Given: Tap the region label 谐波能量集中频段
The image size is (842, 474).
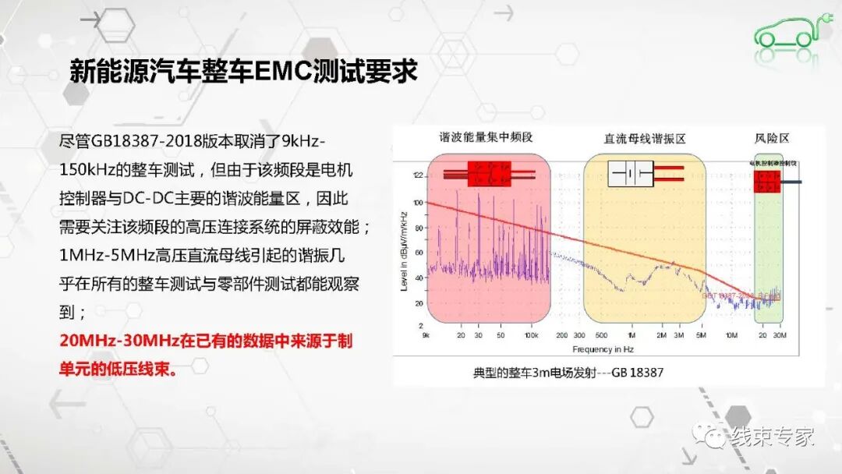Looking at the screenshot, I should pos(484,138).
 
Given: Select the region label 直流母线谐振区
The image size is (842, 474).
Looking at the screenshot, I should pos(644,138).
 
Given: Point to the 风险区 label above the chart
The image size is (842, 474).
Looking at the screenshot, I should pos(772,138).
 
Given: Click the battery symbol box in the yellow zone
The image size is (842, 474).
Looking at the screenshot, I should pos(631,174).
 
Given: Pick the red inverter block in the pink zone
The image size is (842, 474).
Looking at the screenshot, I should pos(489,174).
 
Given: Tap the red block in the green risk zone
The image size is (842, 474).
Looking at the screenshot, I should pos(768,182).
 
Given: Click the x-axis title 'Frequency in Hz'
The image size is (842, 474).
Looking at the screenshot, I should pos(605,349).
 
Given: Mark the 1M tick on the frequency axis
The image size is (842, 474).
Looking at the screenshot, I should pos(631,335).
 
